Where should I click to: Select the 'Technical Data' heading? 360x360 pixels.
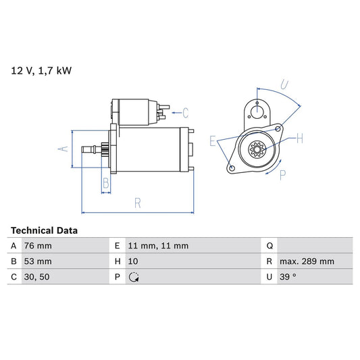pyautogui.click(x=44, y=230)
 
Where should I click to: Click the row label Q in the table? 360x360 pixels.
pyautogui.click(x=269, y=246)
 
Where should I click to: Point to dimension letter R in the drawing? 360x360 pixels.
pyautogui.click(x=137, y=202)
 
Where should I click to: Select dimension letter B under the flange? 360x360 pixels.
pyautogui.click(x=105, y=182)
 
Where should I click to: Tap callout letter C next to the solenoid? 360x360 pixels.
pyautogui.click(x=185, y=112)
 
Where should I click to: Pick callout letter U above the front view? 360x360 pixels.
pyautogui.click(x=284, y=85)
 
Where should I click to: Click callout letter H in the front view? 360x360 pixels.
pyautogui.click(x=299, y=138)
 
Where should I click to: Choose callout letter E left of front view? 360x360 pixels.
pyautogui.click(x=213, y=141)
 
